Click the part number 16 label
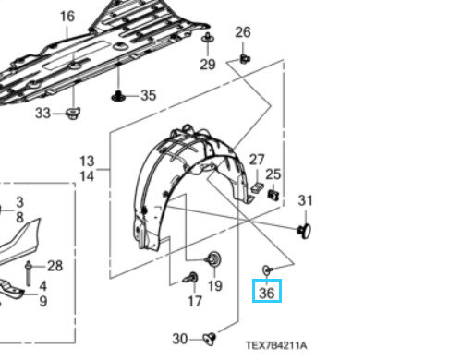67,17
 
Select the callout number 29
208,65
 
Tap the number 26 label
243,32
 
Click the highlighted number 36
267,293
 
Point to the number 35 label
149,95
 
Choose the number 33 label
42,114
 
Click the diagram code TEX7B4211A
276,345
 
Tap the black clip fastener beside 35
118,96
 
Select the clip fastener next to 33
73,114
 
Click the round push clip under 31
304,231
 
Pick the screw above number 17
190,278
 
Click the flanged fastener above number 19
213,259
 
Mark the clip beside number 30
210,338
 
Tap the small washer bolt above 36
267,270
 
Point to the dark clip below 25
273,195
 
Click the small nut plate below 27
257,187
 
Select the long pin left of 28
29,273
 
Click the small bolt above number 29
208,38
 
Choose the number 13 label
87,162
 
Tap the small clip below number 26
245,58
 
